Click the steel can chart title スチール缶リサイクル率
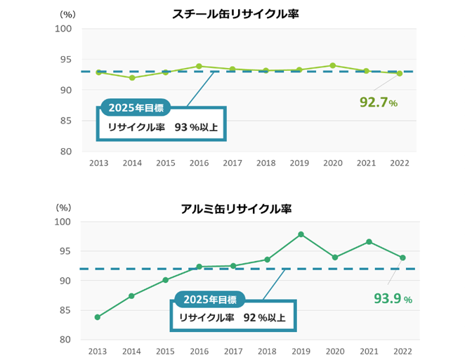235,13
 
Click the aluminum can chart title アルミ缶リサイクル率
235,208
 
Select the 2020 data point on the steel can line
332,65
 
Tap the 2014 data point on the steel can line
132,77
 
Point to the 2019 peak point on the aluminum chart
301,234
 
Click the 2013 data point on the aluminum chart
98,317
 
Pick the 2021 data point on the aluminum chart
369,241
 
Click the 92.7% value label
379,103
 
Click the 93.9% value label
393,299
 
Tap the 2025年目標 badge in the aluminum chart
210,300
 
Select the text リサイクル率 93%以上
161,128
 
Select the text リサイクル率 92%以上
232,318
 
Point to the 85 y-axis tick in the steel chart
63,121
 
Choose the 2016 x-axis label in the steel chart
199,163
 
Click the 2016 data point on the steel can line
199,66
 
